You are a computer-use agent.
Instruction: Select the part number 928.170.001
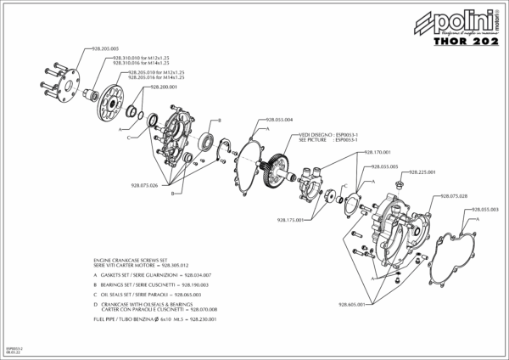click(x=378, y=152)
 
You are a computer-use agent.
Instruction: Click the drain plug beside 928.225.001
click(x=405, y=181)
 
